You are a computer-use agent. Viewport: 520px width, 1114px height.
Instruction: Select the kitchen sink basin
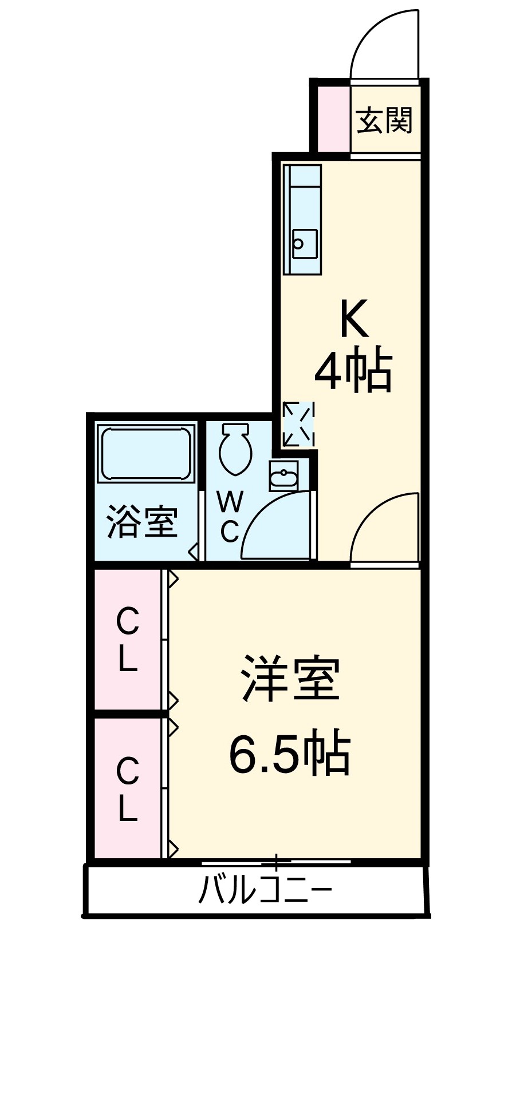[305, 244]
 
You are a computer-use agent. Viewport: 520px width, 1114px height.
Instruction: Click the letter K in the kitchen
[353, 319]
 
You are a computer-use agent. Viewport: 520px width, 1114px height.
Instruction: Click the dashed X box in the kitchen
[299, 424]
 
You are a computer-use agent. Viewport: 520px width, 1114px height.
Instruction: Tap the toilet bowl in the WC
[235, 448]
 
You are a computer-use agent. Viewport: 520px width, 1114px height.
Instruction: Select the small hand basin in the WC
[283, 477]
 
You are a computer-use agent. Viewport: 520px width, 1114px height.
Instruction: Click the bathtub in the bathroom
[145, 452]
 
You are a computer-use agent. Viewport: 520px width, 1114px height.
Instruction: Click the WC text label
[229, 517]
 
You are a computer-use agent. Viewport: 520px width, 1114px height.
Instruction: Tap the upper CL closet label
[128, 640]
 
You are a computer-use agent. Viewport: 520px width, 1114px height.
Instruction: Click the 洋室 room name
[291, 679]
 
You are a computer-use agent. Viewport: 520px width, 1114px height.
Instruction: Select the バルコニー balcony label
[265, 890]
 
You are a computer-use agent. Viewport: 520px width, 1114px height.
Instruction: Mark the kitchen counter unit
[302, 219]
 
